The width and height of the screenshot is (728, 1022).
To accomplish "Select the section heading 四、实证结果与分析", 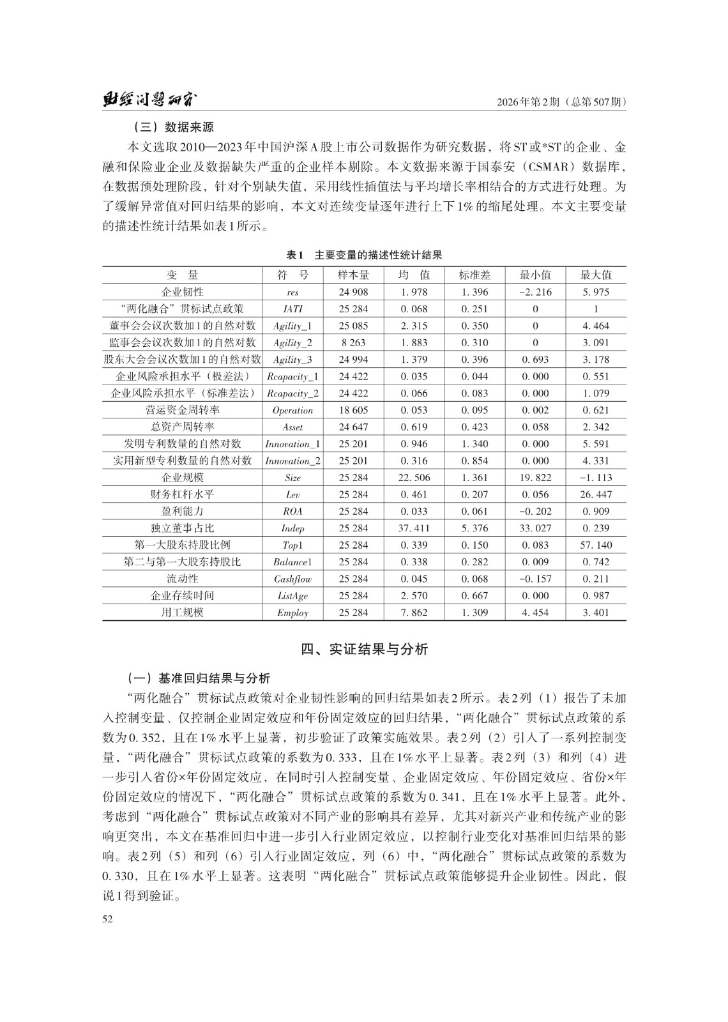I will click(x=364, y=650).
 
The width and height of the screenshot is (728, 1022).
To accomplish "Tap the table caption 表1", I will click(x=294, y=255).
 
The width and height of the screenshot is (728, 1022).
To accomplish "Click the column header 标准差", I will click(x=474, y=275).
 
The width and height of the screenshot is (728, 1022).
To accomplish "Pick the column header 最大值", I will click(x=596, y=275).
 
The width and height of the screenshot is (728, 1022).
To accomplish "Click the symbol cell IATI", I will click(x=292, y=309).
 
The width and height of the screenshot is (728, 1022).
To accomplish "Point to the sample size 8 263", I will click(x=353, y=343).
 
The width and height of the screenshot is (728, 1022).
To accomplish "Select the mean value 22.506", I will click(x=414, y=478).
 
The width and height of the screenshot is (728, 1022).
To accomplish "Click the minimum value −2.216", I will click(x=535, y=293).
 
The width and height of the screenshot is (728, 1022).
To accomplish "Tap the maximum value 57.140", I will click(x=596, y=545).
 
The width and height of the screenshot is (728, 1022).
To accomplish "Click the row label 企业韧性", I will click(x=183, y=292).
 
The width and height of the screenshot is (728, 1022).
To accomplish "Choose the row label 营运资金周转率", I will click(x=183, y=410).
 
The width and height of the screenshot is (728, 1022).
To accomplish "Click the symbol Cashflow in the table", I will click(x=292, y=579).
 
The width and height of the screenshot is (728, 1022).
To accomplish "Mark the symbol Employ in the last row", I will click(x=292, y=613).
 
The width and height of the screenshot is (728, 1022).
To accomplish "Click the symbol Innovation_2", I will click(x=292, y=461).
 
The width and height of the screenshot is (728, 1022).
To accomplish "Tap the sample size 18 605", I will click(x=353, y=410).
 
